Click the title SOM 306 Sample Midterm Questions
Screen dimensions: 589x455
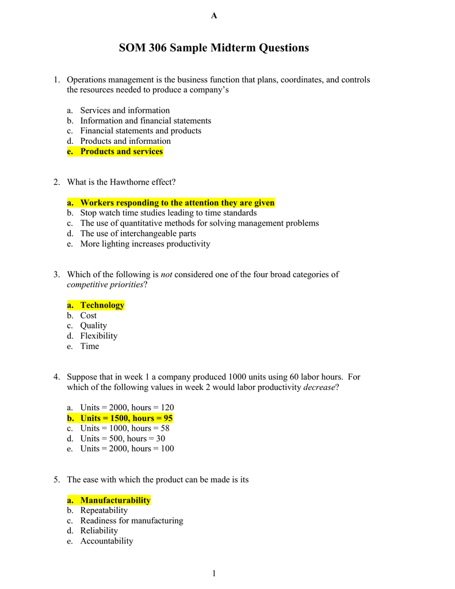pos(213,48)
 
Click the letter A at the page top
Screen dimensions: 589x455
pos(214,16)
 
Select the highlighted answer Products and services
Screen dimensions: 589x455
pos(121,151)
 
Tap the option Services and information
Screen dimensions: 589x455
pos(125,110)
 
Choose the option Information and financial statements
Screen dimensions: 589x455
pos(146,121)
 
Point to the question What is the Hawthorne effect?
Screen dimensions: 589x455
pos(121,182)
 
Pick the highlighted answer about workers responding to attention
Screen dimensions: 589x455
pos(177,202)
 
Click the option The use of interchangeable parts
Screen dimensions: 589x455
pos(138,234)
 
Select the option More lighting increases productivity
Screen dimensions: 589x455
pos(145,244)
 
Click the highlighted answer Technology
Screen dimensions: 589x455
pos(102,305)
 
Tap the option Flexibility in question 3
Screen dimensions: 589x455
pos(98,336)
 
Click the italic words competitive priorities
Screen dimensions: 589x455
pos(105,285)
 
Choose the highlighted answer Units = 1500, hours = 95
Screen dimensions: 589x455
pos(127,418)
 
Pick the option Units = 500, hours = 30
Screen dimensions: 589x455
pos(123,438)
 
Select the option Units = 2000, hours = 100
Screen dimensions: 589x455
pos(127,449)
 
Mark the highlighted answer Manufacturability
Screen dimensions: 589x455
pos(115,500)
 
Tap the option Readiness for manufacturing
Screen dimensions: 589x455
pos(132,521)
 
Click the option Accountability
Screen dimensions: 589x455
pos(106,541)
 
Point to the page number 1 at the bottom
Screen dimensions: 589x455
pos(213,573)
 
